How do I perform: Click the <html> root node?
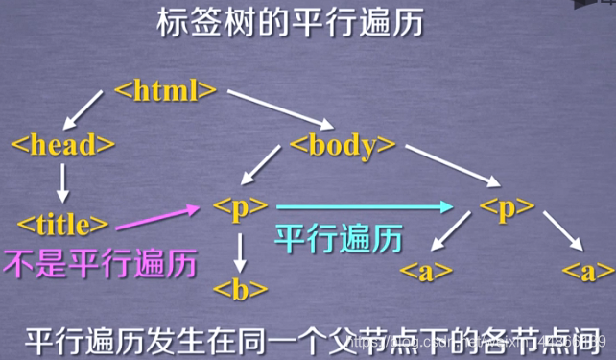(x=166, y=92)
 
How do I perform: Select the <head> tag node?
(x=62, y=145)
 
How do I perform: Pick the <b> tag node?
(x=240, y=287)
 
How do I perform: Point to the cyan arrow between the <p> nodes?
(x=365, y=205)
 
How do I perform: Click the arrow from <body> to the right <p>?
(x=452, y=164)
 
